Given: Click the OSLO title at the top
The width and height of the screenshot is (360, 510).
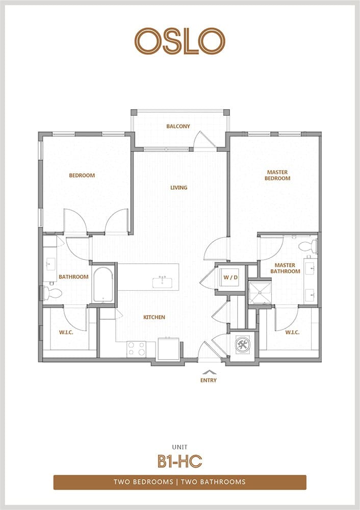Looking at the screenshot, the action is point(180,41).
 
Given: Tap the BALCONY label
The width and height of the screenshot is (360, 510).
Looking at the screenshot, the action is point(178,126).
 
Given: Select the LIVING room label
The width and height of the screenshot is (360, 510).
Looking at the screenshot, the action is point(179,187).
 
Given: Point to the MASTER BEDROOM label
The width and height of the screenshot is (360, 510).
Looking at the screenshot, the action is point(277,175).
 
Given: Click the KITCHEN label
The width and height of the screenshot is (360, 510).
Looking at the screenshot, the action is point(154,317).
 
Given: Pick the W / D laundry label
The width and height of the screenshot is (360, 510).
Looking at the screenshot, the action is point(230,278).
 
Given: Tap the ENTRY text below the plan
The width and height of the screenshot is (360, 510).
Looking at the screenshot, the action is point(209,380).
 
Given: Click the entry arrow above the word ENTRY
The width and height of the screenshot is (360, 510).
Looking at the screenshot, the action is point(209,372).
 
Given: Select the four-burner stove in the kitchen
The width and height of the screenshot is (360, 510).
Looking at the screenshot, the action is point(137,349).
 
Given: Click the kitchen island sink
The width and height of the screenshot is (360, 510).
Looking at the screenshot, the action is point(163,283).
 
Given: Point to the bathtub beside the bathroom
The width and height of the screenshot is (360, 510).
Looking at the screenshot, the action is point(103,285).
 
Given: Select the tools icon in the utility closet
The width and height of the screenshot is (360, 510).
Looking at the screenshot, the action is point(243,344).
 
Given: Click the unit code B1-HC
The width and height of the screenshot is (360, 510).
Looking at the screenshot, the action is point(180,461).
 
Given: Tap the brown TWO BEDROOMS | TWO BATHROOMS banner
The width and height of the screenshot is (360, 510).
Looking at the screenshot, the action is point(180,482).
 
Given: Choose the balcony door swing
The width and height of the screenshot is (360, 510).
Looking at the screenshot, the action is point(202,141).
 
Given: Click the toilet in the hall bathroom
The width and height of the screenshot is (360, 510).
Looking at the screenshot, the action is point(51,293).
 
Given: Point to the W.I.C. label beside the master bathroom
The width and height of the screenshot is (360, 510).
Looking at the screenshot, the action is point(292,333).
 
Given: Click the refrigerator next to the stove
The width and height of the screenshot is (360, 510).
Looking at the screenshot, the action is point(168,349).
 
